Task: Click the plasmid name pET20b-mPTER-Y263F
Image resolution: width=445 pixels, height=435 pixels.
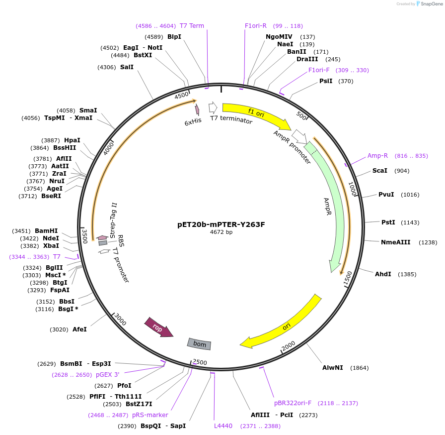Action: [x=221, y=224]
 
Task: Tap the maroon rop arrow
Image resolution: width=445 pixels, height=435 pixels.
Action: [x=158, y=327]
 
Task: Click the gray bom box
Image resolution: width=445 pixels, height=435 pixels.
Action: [x=199, y=344]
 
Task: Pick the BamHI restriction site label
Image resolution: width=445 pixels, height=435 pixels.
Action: [x=46, y=231]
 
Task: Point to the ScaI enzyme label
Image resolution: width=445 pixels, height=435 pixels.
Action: [x=380, y=171]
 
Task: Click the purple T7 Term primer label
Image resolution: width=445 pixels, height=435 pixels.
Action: [x=192, y=26]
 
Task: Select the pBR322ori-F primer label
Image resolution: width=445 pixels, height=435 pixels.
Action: [x=293, y=403]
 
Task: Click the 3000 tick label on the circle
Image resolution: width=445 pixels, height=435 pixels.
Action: [x=120, y=319]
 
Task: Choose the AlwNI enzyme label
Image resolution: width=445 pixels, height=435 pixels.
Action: [x=333, y=368]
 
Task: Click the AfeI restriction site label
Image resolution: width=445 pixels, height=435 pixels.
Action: [x=79, y=329]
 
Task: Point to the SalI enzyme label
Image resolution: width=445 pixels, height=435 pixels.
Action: [x=127, y=67]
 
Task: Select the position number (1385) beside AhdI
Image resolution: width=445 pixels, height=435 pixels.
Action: [x=407, y=274]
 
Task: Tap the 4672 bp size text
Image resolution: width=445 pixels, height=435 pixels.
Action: [x=221, y=232]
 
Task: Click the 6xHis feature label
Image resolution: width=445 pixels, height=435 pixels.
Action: [x=193, y=122]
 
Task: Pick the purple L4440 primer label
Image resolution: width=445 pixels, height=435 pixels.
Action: [x=223, y=426]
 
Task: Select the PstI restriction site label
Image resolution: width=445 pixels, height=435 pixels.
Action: [x=388, y=222]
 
